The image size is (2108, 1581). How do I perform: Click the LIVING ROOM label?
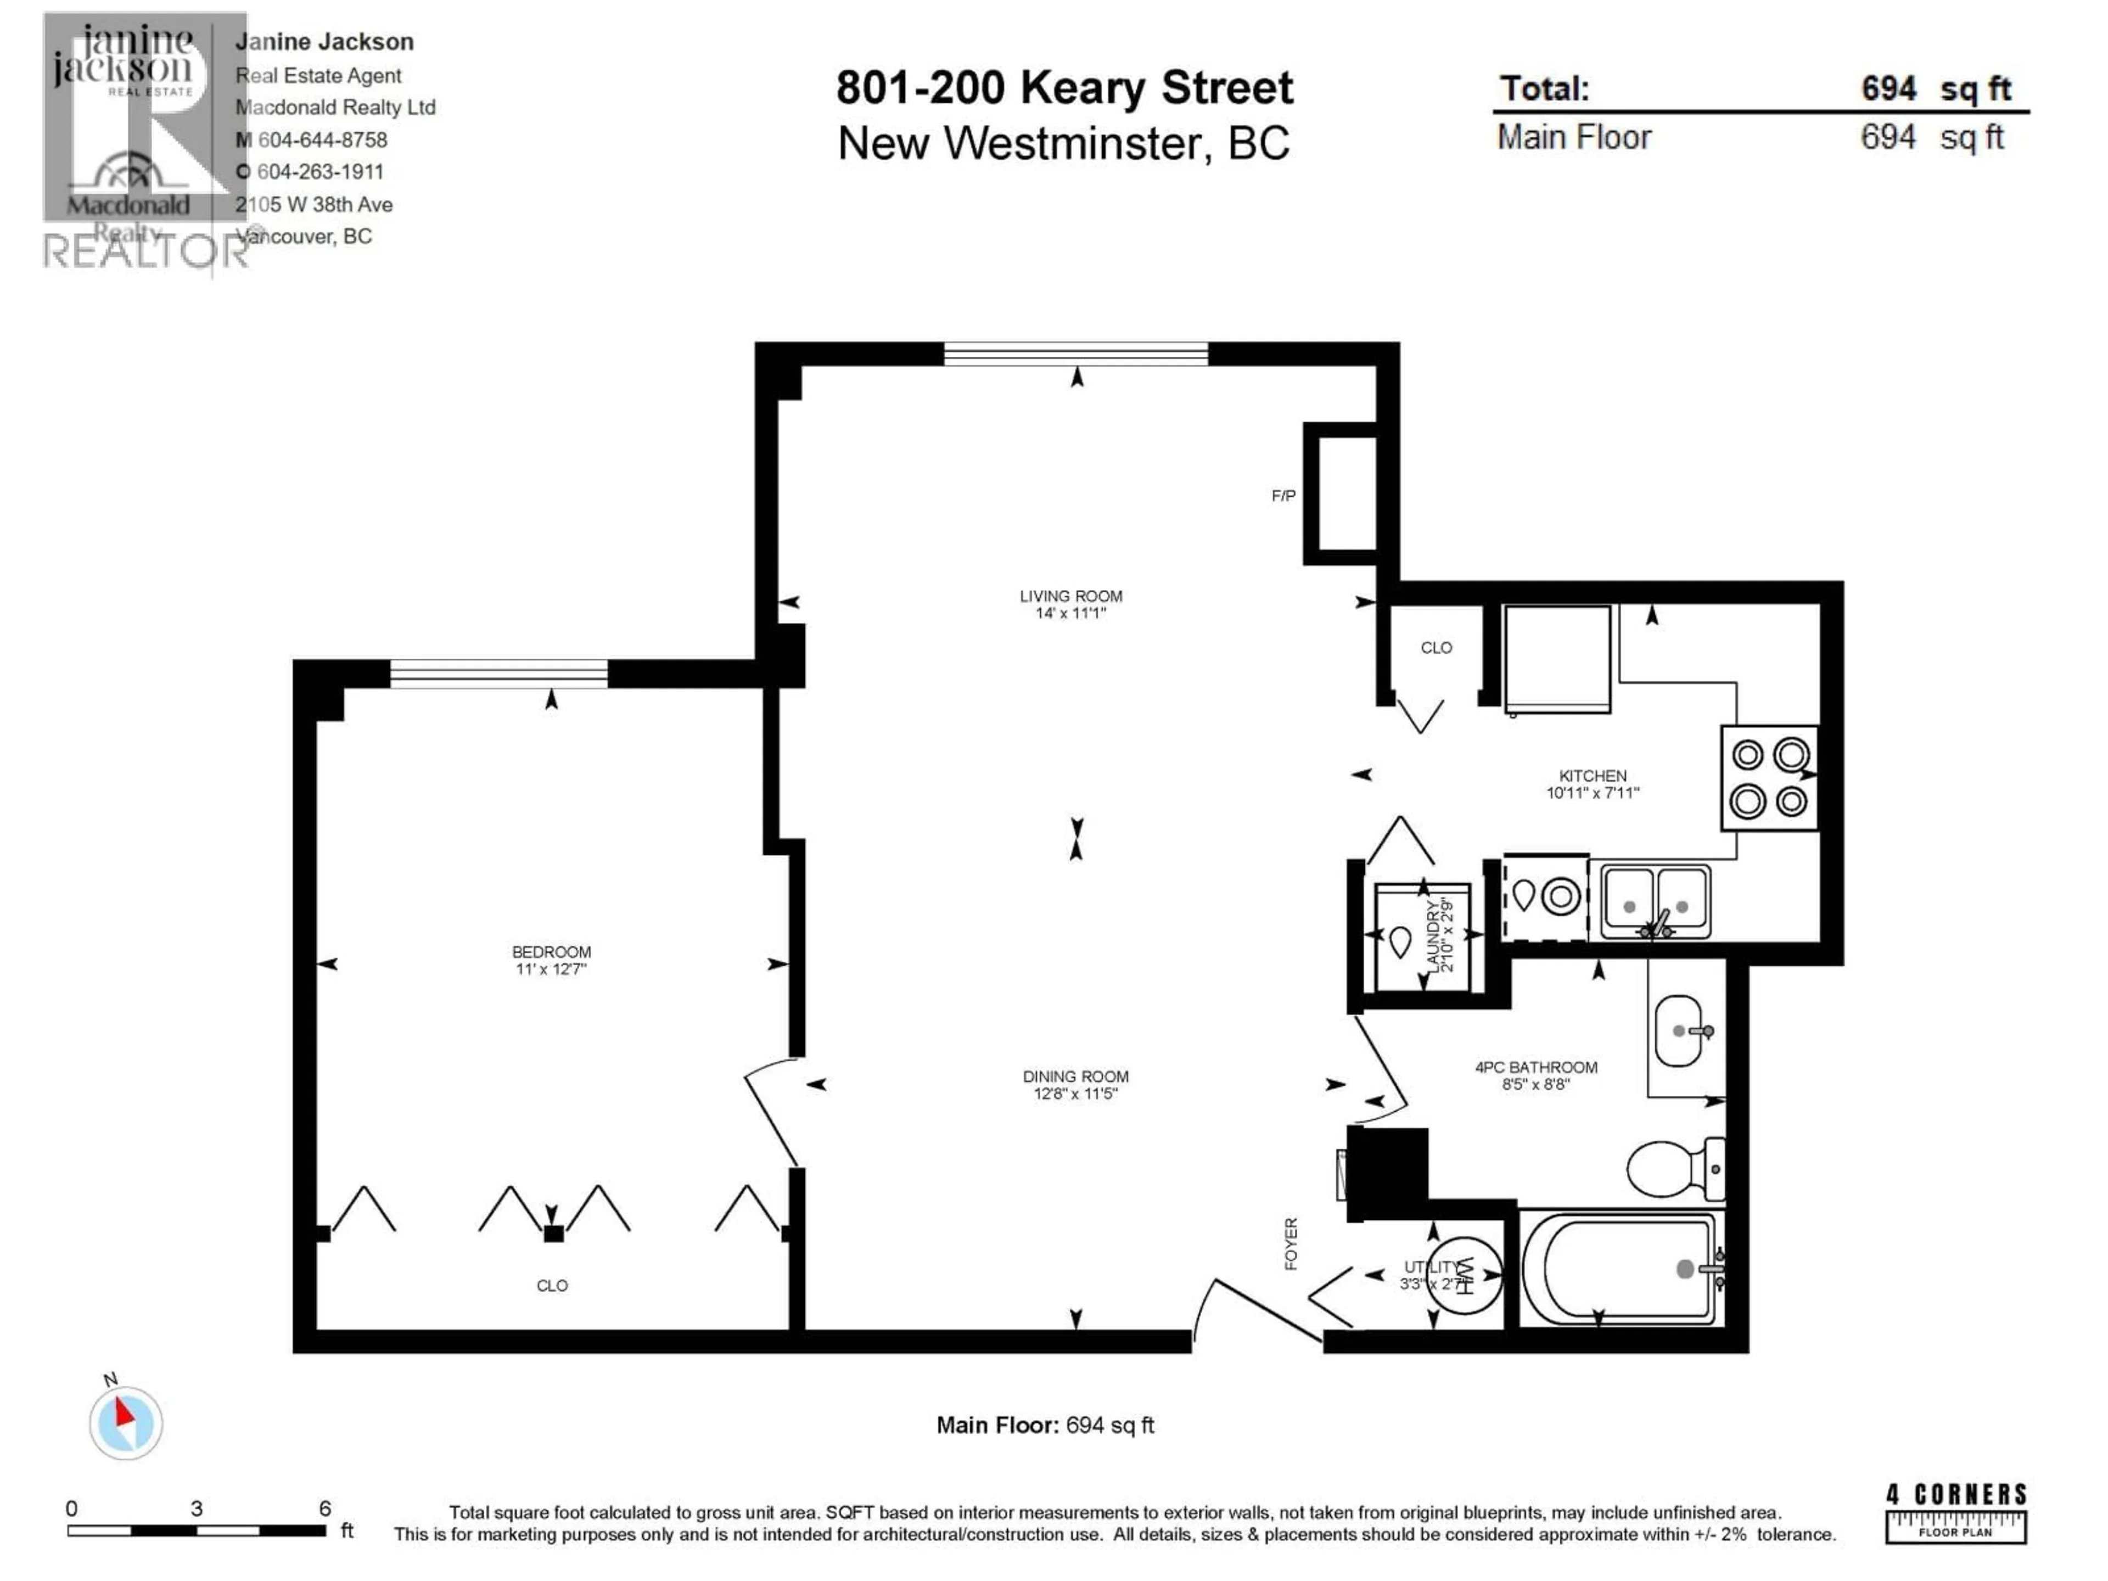pos(1070,596)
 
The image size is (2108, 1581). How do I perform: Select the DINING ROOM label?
pos(1075,1076)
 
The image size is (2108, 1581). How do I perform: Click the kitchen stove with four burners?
pos(1769,778)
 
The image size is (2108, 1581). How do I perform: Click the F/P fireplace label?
pos(1283,496)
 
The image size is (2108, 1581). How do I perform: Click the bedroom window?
pos(498,674)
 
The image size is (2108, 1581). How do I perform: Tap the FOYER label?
pos(1291,1243)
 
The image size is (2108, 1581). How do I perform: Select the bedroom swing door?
pos(770,1113)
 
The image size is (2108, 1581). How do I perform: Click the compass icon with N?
pos(126,1422)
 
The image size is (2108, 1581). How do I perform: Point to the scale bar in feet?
pos(197,1530)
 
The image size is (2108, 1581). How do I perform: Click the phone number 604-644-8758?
pos(322,140)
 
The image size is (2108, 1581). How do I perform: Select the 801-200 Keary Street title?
pos(1064,88)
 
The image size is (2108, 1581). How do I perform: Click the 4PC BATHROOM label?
pos(1535,1067)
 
